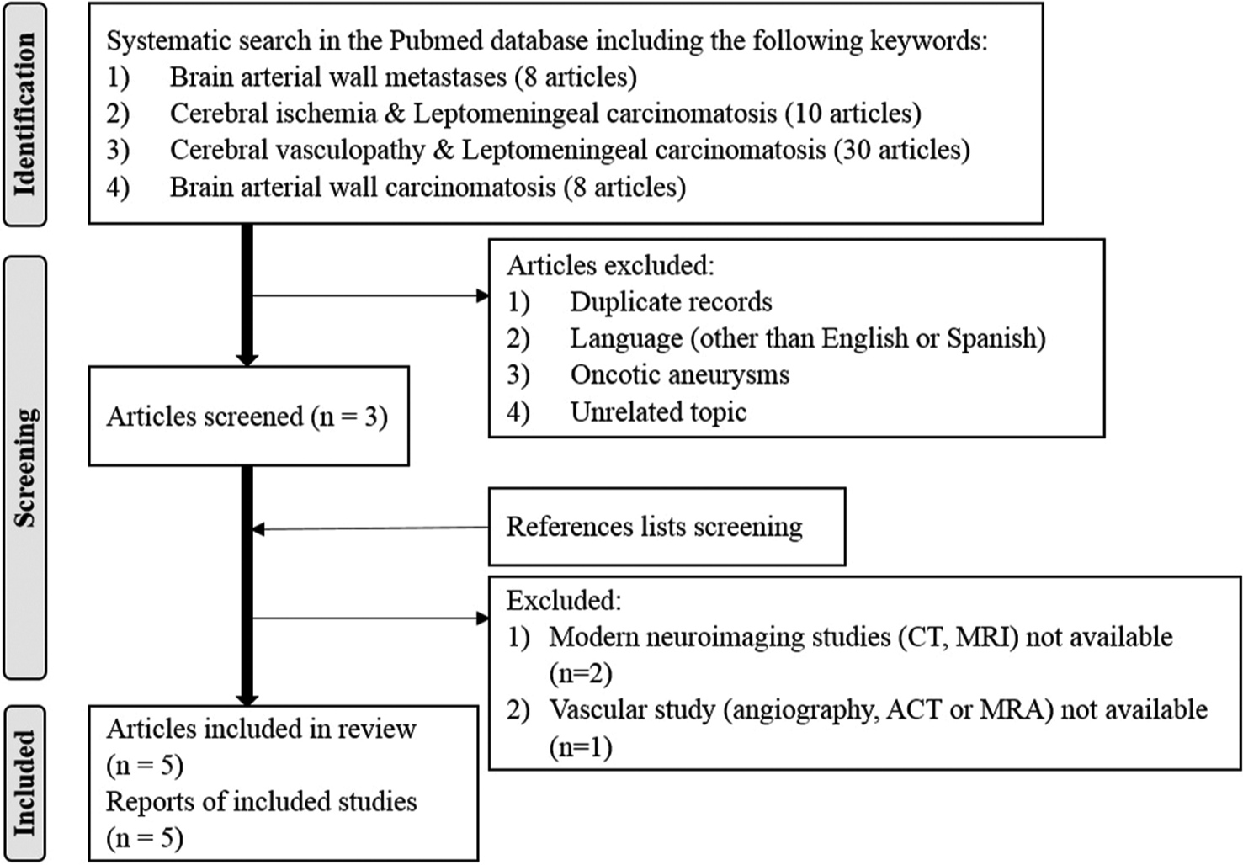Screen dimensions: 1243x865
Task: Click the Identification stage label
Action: click(25, 114)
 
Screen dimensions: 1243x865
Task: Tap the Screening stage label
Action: click(25, 468)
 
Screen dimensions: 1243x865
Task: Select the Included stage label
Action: click(25, 783)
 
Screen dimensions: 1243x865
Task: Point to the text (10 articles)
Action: click(853, 114)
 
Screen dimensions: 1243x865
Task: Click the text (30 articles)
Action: click(901, 151)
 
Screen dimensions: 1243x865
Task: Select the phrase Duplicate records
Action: click(671, 302)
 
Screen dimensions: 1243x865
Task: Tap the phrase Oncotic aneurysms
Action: click(680, 375)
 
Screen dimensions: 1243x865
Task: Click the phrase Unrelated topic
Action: click(658, 412)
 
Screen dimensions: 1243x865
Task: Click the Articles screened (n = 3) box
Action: click(248, 416)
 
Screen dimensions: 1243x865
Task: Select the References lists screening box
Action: click(667, 527)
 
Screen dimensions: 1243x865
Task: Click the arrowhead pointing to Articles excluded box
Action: click(482, 295)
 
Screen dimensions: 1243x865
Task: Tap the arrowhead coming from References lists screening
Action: click(258, 529)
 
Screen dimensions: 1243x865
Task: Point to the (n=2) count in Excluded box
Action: click(581, 674)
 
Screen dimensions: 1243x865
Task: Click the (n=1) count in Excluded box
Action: click(581, 747)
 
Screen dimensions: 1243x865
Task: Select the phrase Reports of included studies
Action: click(262, 802)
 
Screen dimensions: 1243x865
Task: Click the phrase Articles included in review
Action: click(261, 729)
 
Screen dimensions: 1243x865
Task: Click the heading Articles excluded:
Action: click(610, 266)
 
